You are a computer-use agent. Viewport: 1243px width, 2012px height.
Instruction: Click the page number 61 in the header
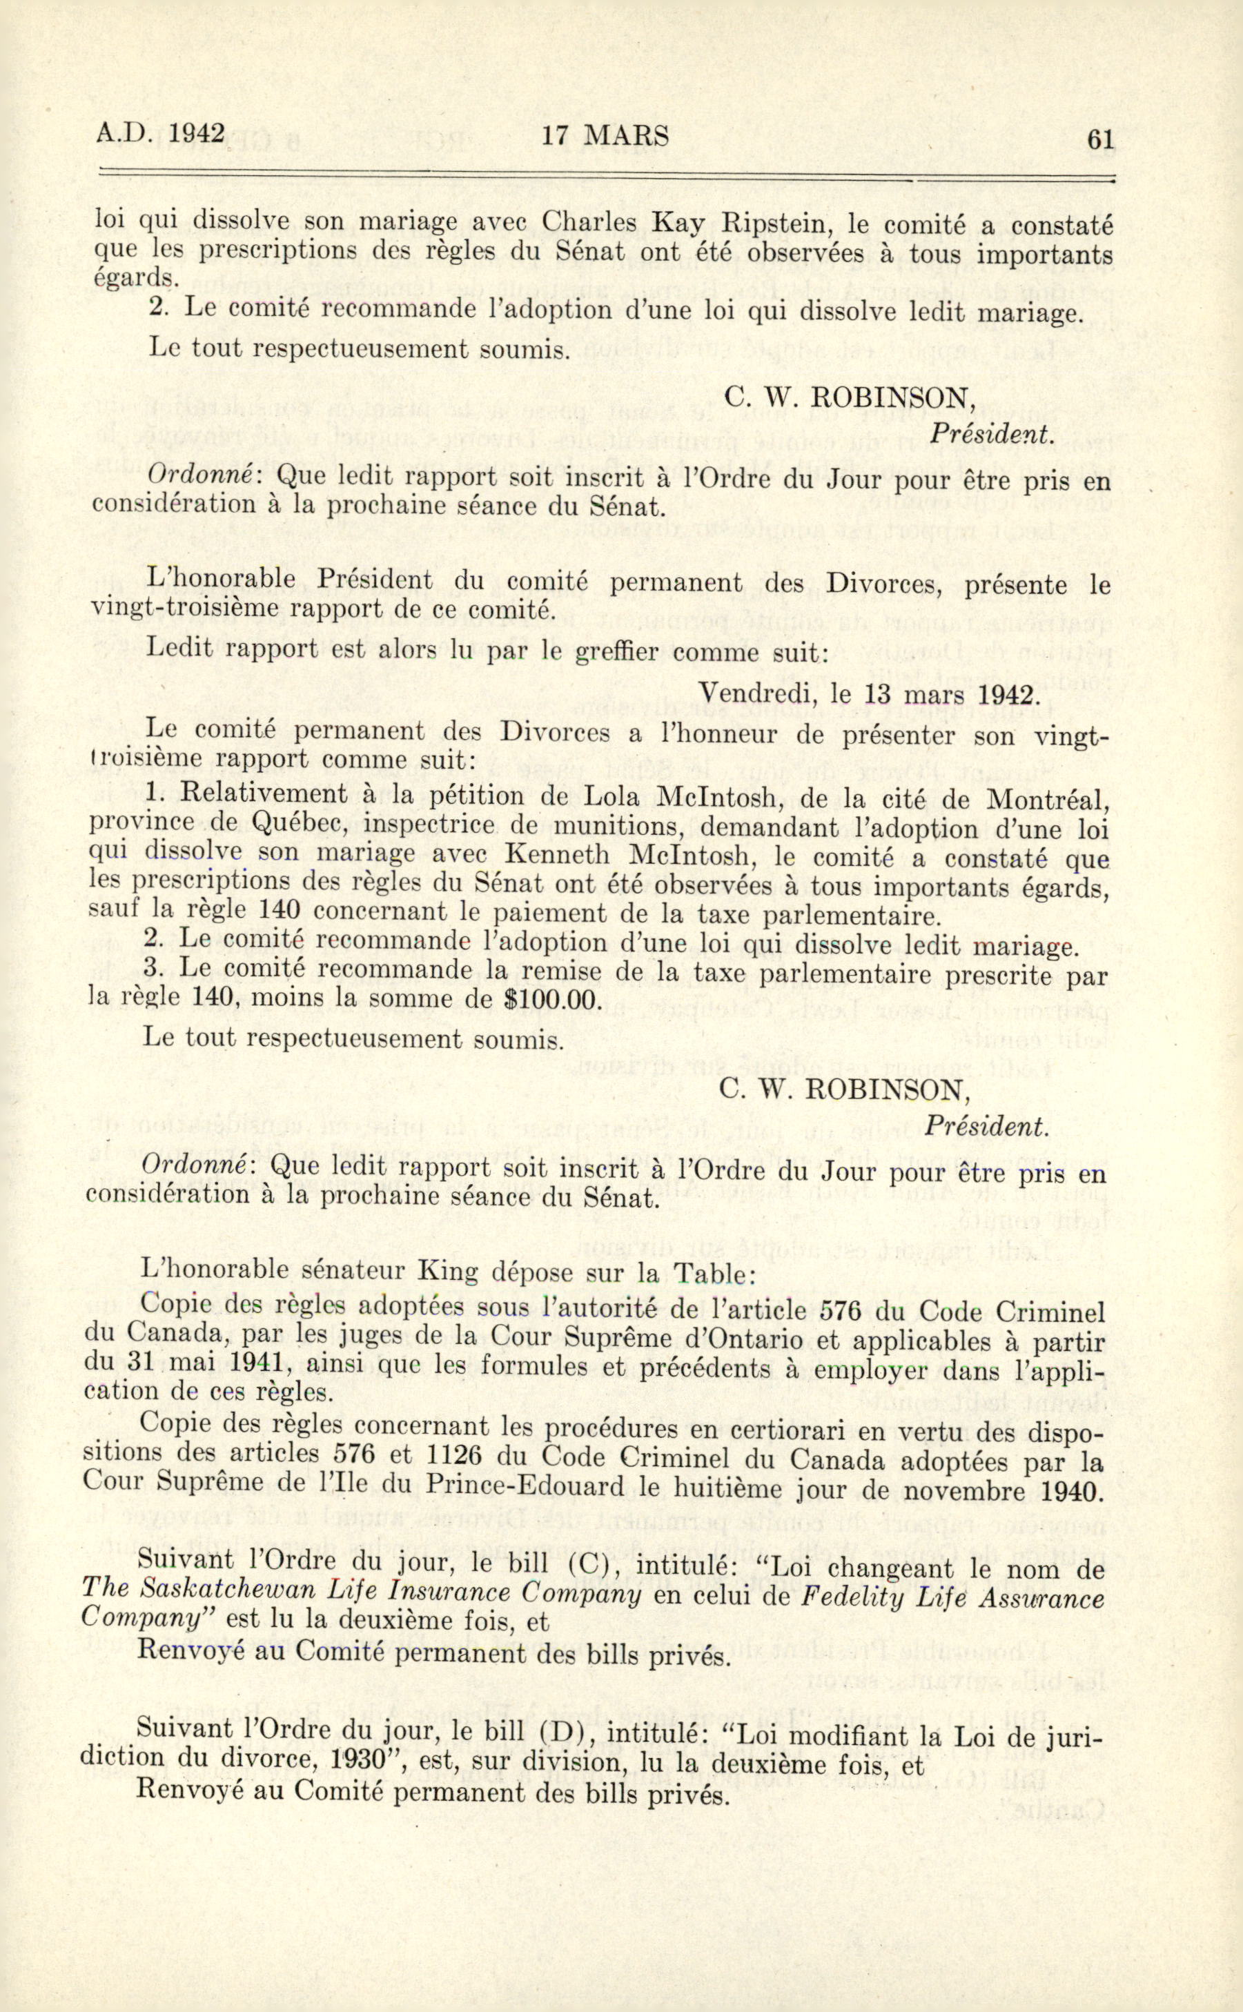(x=1101, y=139)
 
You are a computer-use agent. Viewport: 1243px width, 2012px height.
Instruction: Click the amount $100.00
(x=551, y=998)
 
